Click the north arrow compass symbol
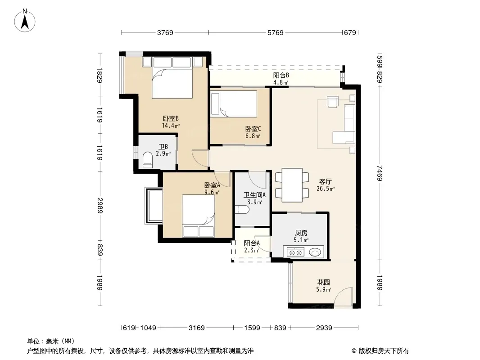coord(25,21)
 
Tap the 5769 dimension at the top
coord(276,32)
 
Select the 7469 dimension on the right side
coord(380,173)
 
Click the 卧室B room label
coord(171,118)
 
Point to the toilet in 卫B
coord(148,160)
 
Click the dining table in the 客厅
coord(292,185)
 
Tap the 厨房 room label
coord(301,233)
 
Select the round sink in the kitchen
coord(315,252)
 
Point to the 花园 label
coord(324,282)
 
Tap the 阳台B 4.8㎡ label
coord(281,79)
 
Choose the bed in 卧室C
coord(234,103)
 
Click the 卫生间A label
coord(254,195)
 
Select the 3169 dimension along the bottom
coord(196,328)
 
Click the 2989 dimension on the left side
coord(100,206)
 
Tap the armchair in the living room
coord(332,102)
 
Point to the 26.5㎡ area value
coord(326,189)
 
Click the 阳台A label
coord(252,243)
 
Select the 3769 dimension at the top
coord(165,32)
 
